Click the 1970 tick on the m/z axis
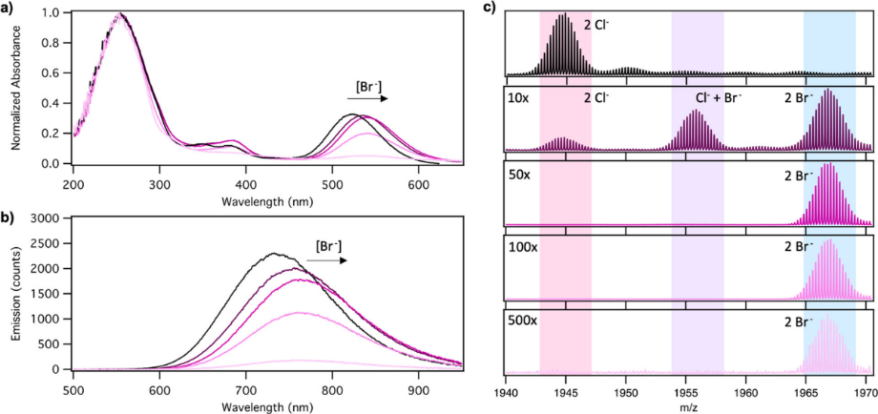tap(865, 391)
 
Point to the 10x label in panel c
tap(520, 98)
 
